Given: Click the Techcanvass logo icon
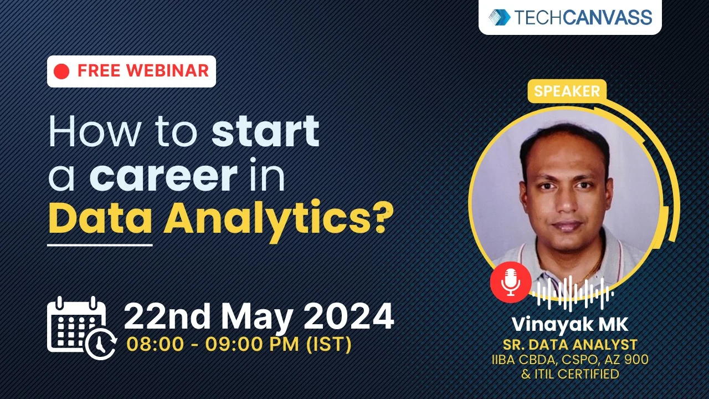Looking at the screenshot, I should tap(500, 17).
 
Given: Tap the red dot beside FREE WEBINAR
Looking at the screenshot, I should tap(62, 71).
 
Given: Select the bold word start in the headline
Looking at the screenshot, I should tap(266, 132).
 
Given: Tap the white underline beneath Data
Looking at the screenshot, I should tap(100, 244).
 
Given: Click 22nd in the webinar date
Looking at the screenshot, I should tap(165, 316).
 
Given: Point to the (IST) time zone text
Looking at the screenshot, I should tap(329, 345).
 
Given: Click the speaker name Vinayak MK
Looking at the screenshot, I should tap(570, 324).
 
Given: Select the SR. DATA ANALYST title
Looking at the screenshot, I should tap(570, 345).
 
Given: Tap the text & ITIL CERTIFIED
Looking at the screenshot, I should tap(570, 374).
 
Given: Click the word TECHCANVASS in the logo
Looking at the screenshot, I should tap(583, 17).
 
